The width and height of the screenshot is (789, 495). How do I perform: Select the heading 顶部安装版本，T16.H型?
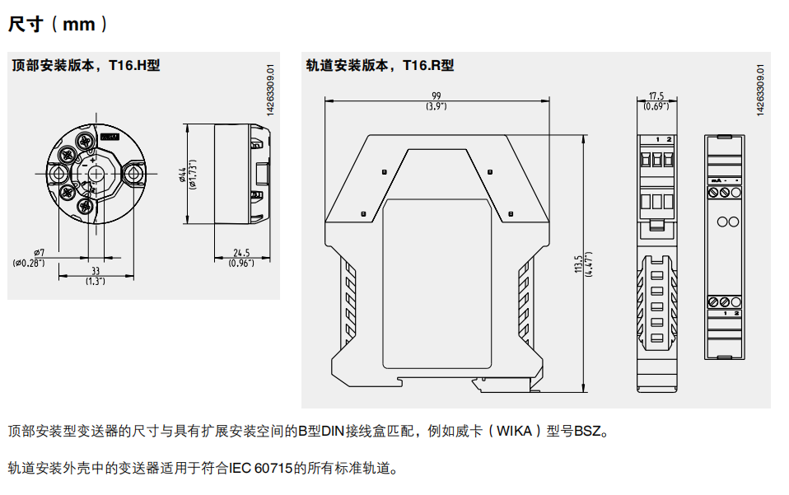coord(86,65)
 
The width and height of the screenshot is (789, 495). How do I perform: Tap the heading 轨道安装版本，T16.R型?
coord(380,65)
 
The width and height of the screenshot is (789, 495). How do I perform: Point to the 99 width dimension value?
coord(437,95)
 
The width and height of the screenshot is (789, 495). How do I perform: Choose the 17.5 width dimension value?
coord(656,96)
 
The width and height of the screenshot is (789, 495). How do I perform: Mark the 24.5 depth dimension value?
coord(240,253)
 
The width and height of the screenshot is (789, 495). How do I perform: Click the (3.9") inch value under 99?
coord(437,106)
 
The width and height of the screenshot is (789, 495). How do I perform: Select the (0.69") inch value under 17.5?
coord(656,106)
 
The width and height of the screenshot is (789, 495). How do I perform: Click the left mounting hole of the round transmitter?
coord(58,175)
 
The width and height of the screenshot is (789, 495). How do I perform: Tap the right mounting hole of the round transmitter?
coord(132,175)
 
